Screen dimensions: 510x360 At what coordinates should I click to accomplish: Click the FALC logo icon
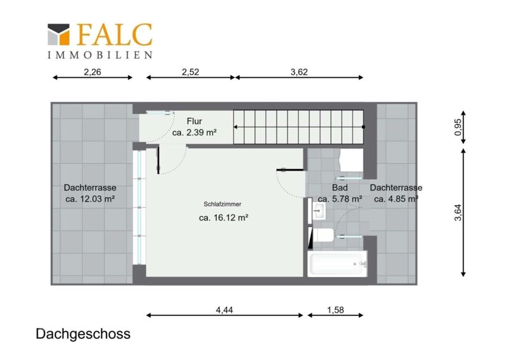tap(59, 34)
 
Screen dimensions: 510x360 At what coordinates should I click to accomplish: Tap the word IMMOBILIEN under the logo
tap(100, 55)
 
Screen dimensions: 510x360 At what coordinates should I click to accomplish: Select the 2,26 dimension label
tap(92, 72)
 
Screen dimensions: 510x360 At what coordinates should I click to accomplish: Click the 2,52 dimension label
tap(190, 72)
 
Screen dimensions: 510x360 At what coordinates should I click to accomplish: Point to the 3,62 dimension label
tap(299, 72)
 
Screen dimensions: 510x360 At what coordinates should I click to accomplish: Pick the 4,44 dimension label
tap(224, 310)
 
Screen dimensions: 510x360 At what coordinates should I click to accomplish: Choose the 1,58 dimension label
tap(335, 310)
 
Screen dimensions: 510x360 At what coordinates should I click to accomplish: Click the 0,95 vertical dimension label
tap(458, 127)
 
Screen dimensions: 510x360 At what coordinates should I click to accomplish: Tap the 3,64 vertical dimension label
tap(458, 212)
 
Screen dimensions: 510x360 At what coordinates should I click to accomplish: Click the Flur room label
tap(194, 121)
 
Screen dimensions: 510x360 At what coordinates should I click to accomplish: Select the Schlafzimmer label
tap(222, 205)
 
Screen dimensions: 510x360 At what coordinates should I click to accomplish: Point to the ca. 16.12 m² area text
tap(224, 217)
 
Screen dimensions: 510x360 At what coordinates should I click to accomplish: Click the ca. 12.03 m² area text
tap(90, 199)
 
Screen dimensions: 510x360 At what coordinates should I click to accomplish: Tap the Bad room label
tap(340, 187)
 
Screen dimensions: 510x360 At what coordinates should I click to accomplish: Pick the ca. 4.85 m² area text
tap(396, 199)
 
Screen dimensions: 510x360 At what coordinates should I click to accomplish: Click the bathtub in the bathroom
tap(337, 264)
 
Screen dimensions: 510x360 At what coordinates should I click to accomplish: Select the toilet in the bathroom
tap(321, 235)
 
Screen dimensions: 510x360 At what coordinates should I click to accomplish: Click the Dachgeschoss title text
tap(83, 334)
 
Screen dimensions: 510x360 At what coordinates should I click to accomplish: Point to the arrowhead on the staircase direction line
tap(235, 127)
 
